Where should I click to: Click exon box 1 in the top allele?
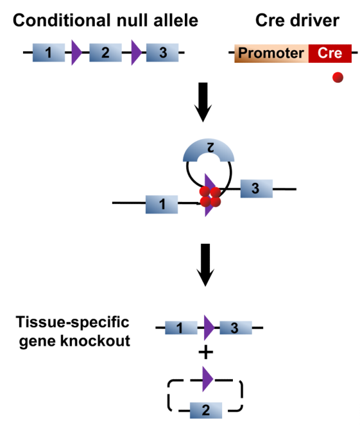[x=49, y=53]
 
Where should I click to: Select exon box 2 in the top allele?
[x=105, y=53]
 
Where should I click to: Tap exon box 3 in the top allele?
[x=162, y=53]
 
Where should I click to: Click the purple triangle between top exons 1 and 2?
[x=76, y=53]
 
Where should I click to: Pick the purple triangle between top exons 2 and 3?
[x=136, y=53]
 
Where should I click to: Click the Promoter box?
[x=271, y=53]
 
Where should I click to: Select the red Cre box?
[x=330, y=53]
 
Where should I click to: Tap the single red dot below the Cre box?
[x=338, y=78]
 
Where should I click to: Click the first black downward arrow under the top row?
[x=203, y=102]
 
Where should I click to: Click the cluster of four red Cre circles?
[x=210, y=197]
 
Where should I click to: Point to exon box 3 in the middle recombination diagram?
[x=257, y=189]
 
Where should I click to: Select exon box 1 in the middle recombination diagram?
[x=162, y=205]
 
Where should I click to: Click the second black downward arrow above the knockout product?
[x=205, y=265]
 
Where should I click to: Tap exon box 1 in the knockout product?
[x=181, y=328]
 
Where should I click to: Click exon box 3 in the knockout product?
[x=236, y=328]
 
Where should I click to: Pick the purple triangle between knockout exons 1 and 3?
[x=209, y=328]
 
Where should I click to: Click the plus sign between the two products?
[x=206, y=352]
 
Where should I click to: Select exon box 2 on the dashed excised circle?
[x=206, y=411]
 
